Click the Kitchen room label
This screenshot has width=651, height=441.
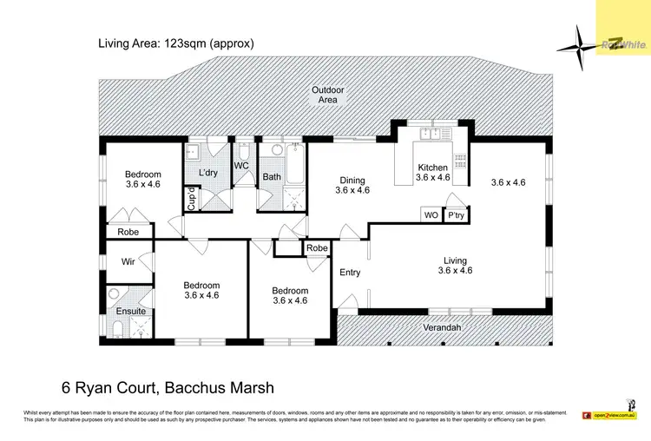(432, 168)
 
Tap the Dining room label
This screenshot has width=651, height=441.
(352, 181)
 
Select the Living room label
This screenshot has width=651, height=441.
(455, 260)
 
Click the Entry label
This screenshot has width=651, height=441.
(350, 273)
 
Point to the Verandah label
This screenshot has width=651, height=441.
(443, 327)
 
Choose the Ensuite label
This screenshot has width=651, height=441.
(131, 311)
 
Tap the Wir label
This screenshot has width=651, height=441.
(127, 260)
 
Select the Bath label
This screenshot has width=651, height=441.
(272, 177)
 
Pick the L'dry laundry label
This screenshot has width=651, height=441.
(207, 173)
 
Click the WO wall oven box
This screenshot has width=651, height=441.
(431, 215)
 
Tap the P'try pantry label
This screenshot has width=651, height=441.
(456, 215)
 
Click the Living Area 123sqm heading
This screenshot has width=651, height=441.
(173, 43)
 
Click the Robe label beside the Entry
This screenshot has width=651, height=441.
(317, 248)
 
